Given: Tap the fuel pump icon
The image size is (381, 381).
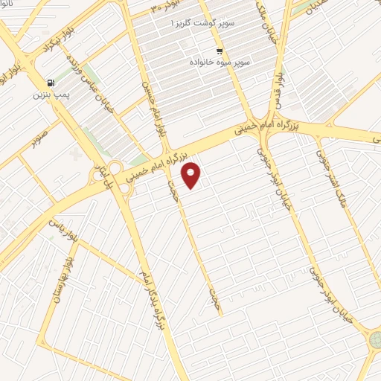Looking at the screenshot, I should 50,83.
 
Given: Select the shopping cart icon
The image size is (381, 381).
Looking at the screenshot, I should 219,51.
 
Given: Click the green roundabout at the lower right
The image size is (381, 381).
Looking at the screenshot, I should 374,342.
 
